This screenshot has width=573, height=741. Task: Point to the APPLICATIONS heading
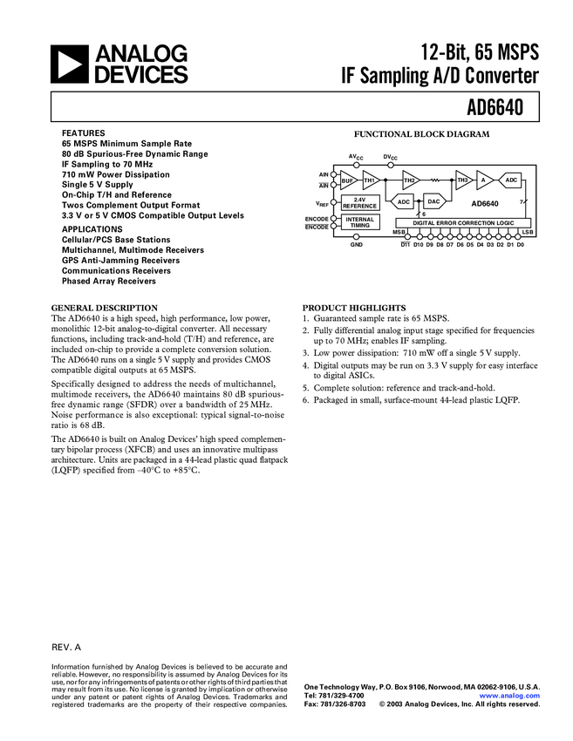click(x=92, y=230)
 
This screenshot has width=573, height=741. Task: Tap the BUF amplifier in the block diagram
click(x=348, y=180)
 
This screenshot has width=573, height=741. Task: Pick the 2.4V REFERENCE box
click(x=359, y=202)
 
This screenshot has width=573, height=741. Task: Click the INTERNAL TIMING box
click(x=359, y=222)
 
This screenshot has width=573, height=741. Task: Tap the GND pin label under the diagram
click(x=356, y=245)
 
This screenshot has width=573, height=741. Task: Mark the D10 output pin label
click(x=418, y=245)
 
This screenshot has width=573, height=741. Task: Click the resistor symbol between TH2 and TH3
click(x=434, y=180)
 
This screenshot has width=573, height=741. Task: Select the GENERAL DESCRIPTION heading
click(x=105, y=308)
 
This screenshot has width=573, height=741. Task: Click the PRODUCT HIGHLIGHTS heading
click(x=353, y=308)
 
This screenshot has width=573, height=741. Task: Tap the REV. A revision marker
click(x=66, y=649)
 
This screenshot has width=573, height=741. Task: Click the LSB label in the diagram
click(x=528, y=233)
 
